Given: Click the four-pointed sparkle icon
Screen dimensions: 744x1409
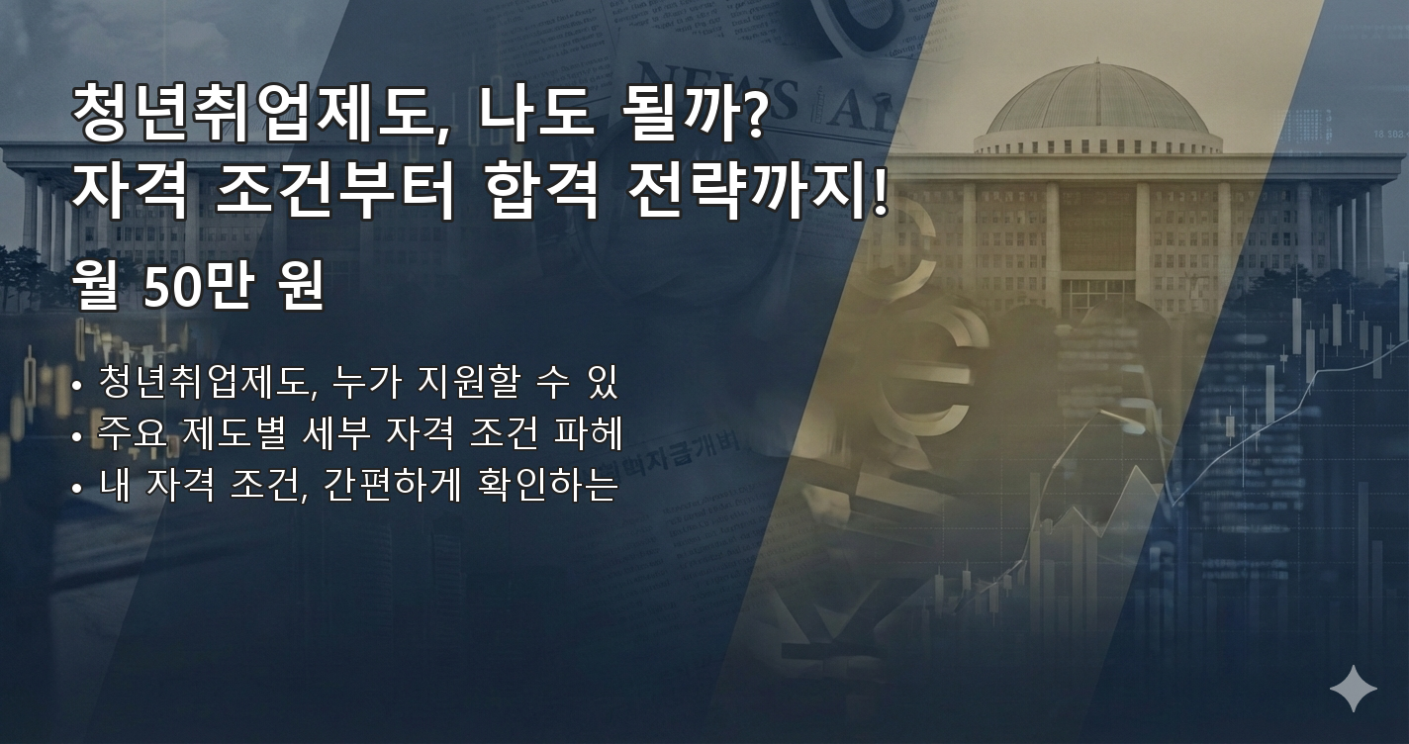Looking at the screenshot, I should [x=1353, y=689].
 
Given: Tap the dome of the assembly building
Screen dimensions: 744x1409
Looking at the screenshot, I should [x=1097, y=105].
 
